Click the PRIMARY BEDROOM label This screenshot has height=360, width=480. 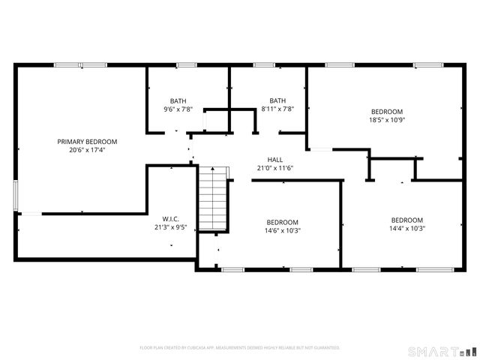click(88, 141)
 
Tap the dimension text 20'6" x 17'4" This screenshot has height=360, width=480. click(88, 150)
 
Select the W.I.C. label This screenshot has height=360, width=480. click(170, 219)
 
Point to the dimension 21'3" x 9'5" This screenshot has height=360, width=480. click(170, 227)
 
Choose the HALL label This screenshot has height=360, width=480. click(275, 160)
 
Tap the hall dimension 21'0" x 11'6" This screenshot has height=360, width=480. click(275, 168)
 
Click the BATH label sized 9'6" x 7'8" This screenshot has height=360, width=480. click(178, 100)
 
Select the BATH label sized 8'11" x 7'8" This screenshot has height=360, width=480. click(277, 100)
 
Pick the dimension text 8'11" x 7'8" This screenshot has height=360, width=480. click(277, 109)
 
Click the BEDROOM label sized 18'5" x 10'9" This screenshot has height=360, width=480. click(386, 111)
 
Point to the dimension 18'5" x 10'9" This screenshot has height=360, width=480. click(386, 119)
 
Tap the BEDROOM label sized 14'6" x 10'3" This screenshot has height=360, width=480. click(283, 222)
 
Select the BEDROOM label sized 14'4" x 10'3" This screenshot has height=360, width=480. click(407, 220)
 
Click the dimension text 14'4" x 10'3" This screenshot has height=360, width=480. click(407, 229)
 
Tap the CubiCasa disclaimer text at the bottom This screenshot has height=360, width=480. click(240, 348)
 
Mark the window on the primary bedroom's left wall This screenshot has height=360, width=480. click(16, 193)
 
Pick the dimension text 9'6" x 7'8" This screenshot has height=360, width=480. click(178, 109)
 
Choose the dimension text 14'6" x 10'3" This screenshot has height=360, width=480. click(283, 230)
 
